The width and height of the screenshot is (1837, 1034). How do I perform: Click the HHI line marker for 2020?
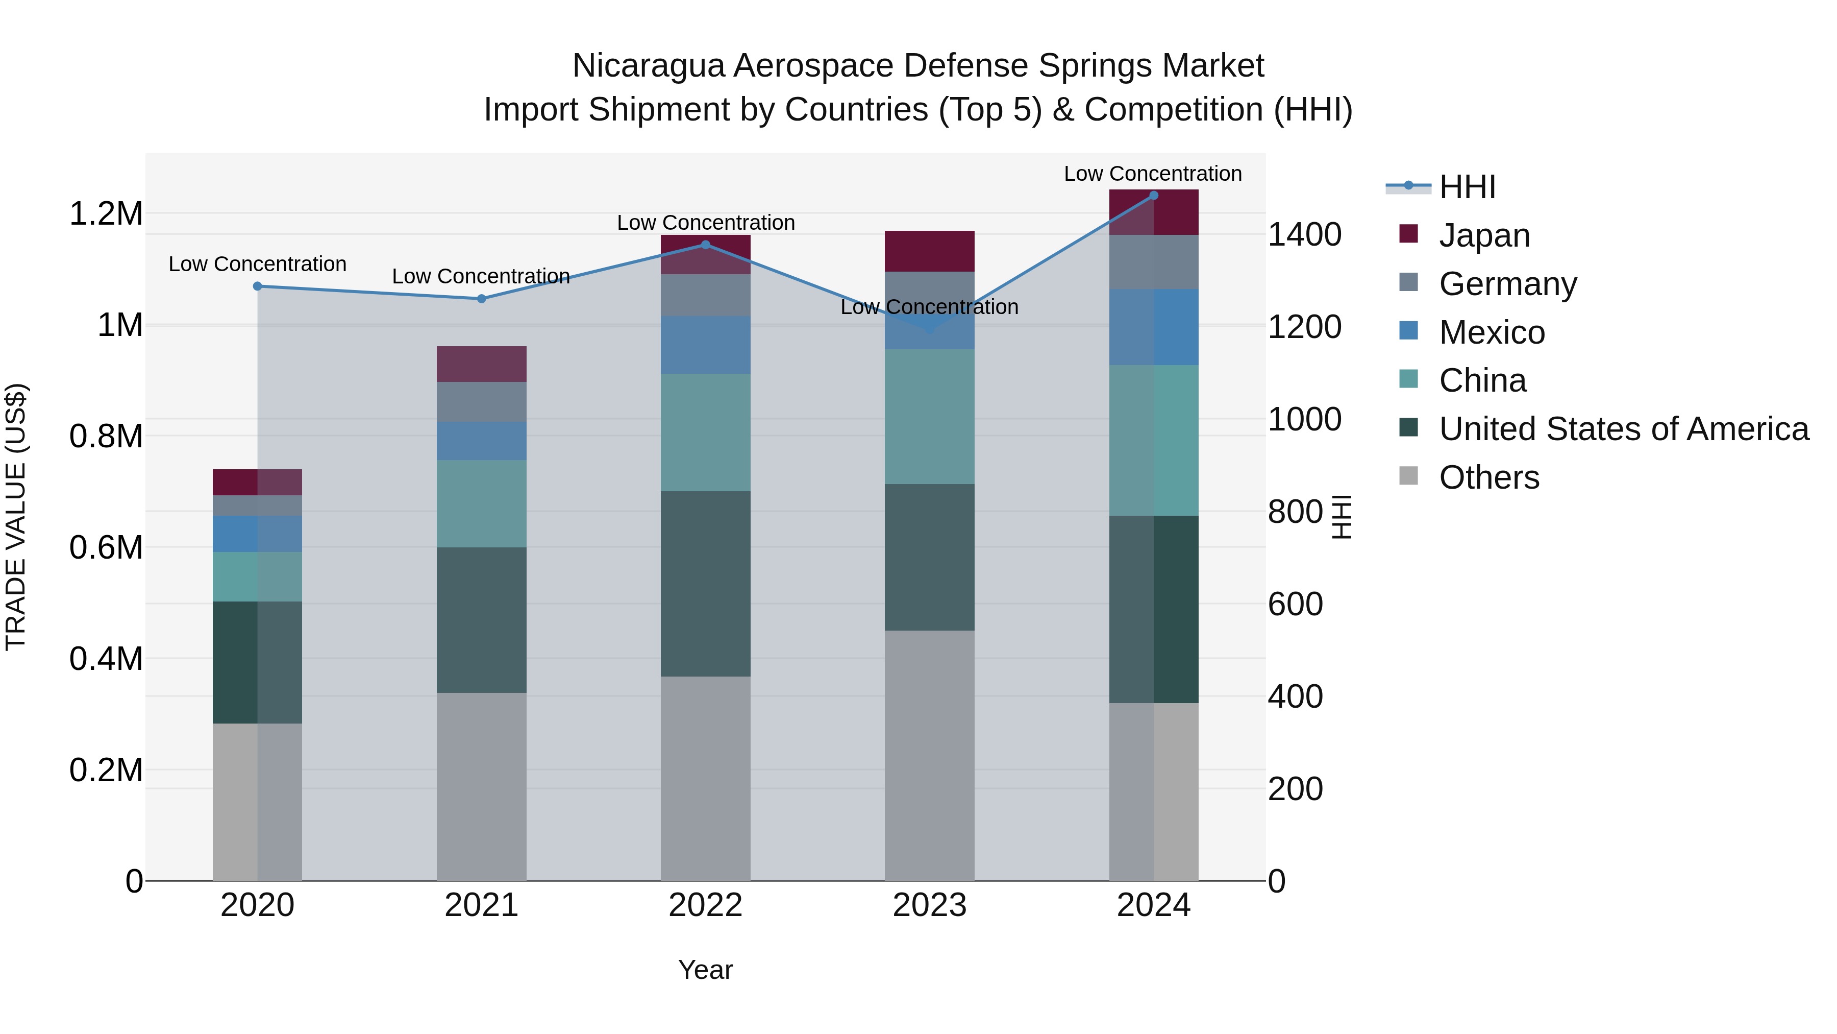258,286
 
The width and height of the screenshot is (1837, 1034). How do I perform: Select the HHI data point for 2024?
1154,196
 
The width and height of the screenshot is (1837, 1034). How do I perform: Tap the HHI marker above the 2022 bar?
705,245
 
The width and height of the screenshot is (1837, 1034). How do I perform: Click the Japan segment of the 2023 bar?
929,251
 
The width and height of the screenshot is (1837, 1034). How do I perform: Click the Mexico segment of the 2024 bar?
1154,327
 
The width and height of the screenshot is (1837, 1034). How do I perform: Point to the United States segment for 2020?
258,662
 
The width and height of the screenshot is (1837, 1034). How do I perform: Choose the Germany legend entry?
1507,284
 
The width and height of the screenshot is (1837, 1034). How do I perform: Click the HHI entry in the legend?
1467,187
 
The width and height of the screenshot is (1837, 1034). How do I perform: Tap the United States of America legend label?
1624,429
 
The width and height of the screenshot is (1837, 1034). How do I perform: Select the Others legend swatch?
1408,476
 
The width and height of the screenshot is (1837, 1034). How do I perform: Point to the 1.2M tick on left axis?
106,213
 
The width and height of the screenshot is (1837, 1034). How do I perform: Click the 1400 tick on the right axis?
1304,235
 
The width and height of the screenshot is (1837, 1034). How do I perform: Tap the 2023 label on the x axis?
929,905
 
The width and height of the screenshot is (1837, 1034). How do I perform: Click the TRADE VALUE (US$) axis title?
16,517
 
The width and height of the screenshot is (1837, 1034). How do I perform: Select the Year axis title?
705,970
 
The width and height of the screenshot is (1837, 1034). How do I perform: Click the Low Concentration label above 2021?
481,276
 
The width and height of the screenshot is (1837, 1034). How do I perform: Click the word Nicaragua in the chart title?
649,66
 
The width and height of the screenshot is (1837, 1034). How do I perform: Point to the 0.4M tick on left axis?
106,659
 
